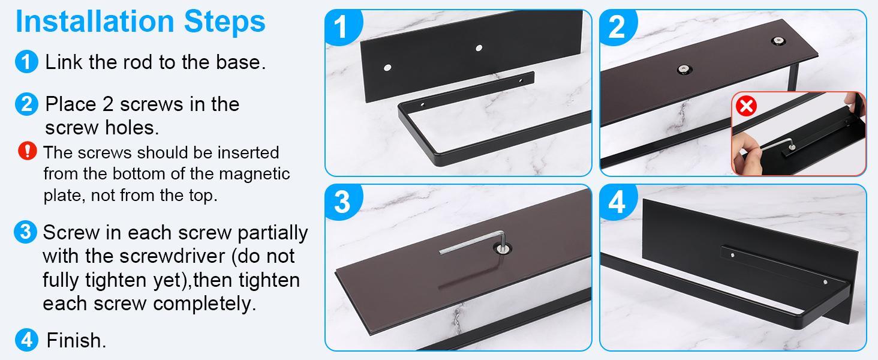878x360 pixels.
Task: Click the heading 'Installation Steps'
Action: pos(140,22)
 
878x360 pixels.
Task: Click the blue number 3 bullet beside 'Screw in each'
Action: pos(25,232)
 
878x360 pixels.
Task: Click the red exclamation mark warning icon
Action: pos(28,151)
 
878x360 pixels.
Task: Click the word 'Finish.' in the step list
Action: pos(76,341)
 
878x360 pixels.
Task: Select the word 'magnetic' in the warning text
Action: pos(255,174)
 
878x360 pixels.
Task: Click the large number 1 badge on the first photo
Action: pos(342,27)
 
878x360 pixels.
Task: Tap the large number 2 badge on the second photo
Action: pos(617,27)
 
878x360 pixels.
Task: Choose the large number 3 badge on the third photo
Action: pos(342,202)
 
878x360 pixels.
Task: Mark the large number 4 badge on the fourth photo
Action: pos(617,202)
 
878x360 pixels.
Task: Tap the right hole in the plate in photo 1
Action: pos(479,47)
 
